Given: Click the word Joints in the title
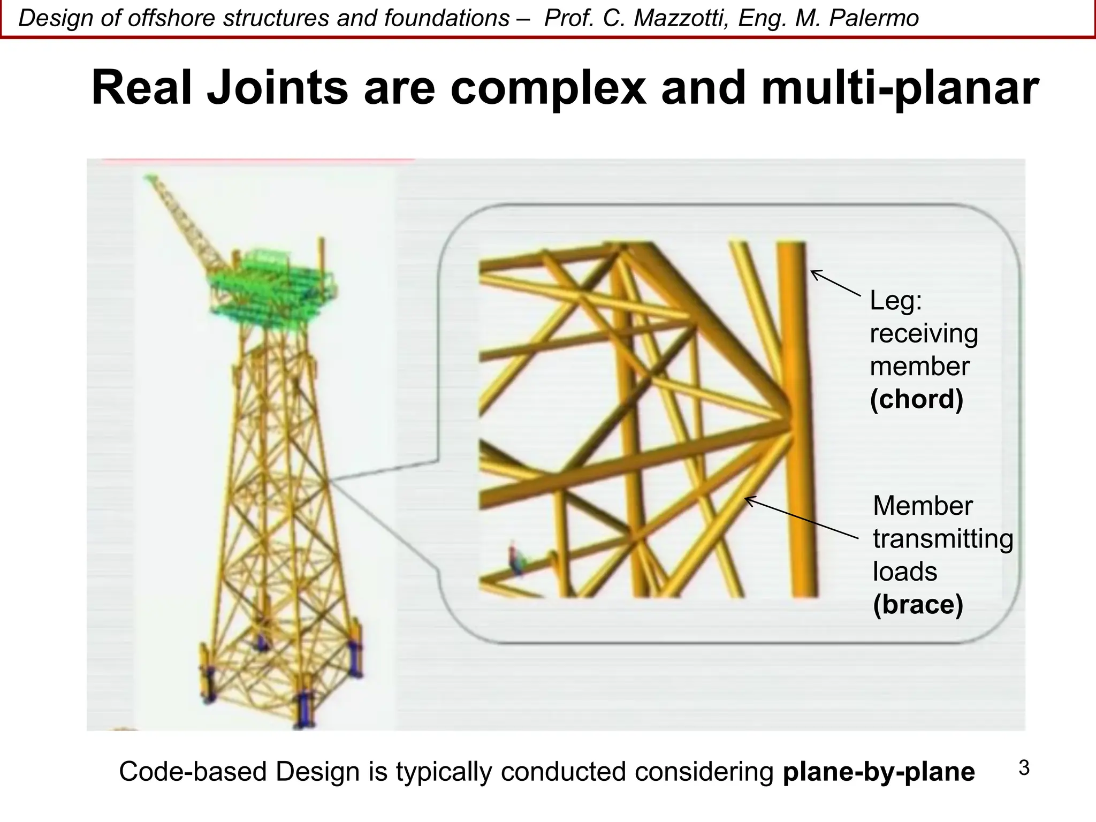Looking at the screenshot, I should (x=277, y=88).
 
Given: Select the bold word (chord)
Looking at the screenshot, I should (x=916, y=399).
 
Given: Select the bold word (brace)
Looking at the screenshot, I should (x=918, y=605).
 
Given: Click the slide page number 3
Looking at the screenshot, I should (x=1024, y=768).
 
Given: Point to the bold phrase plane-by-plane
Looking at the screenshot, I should (x=878, y=772).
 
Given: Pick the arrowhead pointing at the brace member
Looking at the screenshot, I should (x=749, y=499).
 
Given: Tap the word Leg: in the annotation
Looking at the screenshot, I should (x=896, y=301).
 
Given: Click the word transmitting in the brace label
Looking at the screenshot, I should (x=943, y=539).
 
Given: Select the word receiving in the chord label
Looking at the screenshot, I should (x=924, y=334).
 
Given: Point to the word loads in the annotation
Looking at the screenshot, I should (x=904, y=572).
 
